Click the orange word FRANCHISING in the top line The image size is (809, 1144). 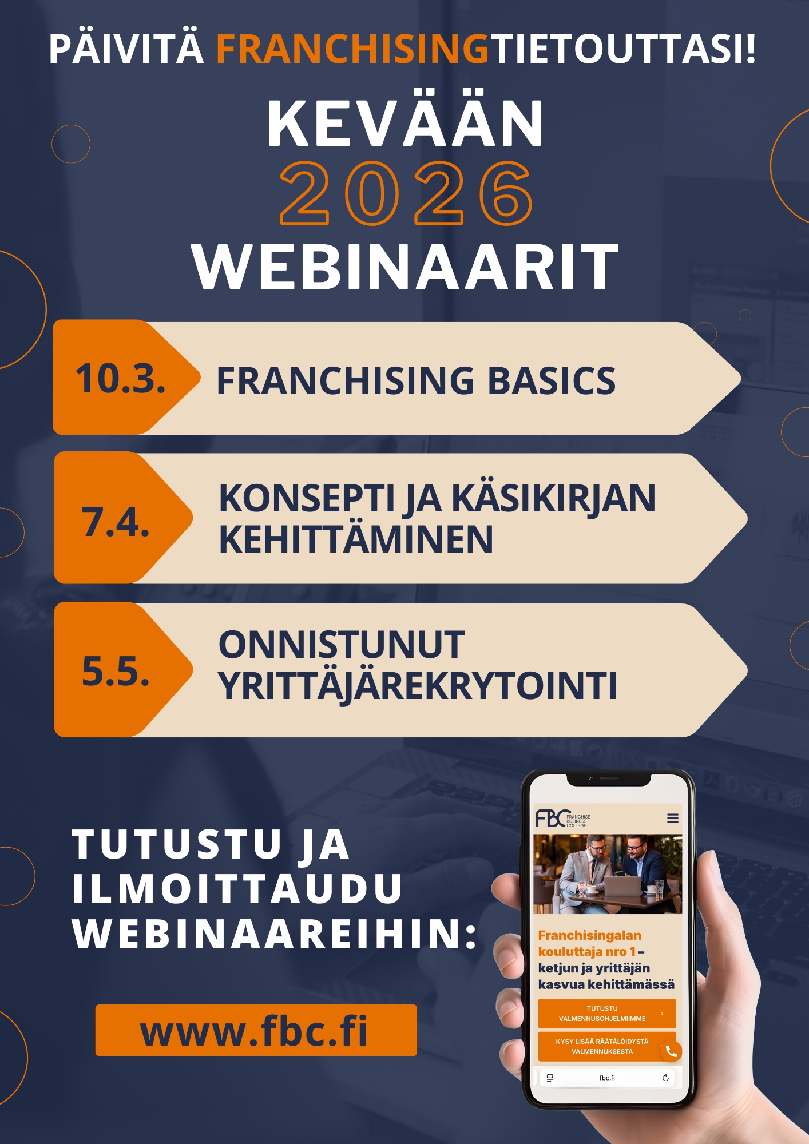352,49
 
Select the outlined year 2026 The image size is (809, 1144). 406,193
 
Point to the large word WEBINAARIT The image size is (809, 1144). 405,267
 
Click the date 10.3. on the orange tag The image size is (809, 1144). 121,379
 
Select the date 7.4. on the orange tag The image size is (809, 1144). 116,522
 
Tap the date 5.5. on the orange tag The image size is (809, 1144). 116,670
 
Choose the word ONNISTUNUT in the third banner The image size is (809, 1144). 342,645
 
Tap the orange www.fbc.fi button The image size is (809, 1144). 256,1030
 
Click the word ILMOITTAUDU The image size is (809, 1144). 237,888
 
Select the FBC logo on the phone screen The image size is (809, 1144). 563,819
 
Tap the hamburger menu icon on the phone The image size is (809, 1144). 673,819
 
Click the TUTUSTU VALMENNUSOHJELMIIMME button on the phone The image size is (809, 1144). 607,1014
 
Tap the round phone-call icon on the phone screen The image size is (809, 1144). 671,1051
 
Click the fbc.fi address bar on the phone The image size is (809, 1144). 607,1078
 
